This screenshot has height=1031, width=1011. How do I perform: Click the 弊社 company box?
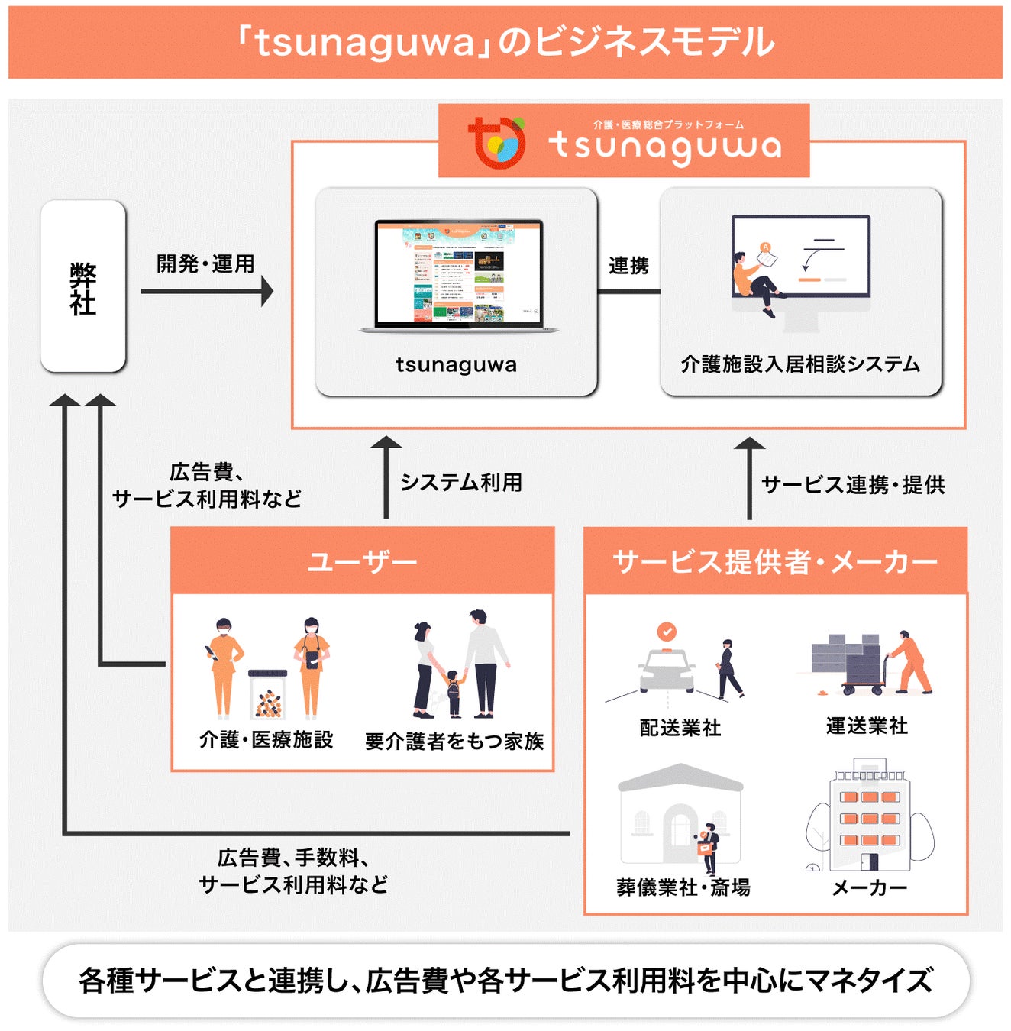pos(82,286)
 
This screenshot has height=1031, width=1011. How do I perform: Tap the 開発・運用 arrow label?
pos(205,264)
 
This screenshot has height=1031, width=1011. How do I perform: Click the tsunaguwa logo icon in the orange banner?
pos(497,142)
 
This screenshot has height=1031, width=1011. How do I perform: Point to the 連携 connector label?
pos(628,266)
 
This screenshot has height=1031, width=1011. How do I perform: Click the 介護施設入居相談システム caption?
pos(799,364)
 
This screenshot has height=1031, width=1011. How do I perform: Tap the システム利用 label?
pos(461,483)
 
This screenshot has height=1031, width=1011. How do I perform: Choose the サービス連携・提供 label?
pos(853,485)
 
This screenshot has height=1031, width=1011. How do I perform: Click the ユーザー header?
pos(362,562)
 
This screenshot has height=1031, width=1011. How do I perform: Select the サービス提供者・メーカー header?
pos(775,562)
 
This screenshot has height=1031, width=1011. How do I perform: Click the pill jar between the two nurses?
pos(267,695)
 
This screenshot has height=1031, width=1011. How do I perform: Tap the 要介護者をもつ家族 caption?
pos(454,741)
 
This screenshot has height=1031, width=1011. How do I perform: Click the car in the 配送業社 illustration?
pos(667,670)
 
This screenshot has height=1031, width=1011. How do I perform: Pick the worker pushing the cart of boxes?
pos(909,661)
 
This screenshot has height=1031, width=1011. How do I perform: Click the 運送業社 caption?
pos(867,726)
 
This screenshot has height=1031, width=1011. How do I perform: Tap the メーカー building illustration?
pos(870,816)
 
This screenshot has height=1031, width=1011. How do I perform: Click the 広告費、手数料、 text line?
pos(293,858)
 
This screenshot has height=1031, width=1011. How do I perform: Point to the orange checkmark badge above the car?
pos(667,632)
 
